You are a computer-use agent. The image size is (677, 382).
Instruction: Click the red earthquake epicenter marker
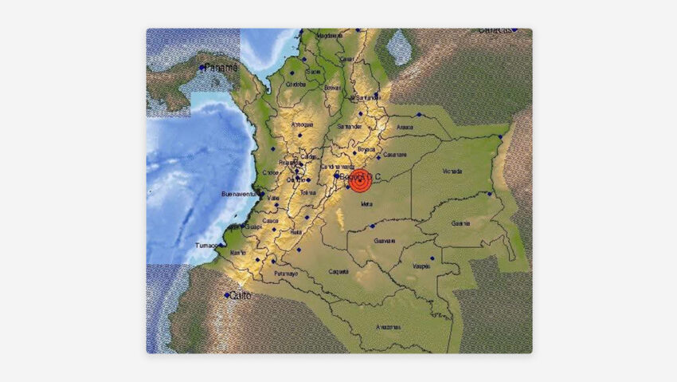(360, 182)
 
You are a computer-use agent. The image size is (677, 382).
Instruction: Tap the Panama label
(221, 69)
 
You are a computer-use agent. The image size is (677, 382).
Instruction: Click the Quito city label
(241, 296)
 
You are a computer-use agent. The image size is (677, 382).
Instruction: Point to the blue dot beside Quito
(227, 295)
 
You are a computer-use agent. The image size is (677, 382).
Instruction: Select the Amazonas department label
(389, 328)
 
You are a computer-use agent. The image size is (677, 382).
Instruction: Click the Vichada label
(452, 171)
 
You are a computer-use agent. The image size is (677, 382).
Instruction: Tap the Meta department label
(366, 204)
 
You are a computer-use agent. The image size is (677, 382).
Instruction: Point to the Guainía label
(460, 223)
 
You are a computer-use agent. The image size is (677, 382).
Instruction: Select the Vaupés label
(421, 266)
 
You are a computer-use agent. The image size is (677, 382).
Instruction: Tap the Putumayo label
(286, 274)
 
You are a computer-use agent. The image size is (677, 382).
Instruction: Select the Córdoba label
(295, 84)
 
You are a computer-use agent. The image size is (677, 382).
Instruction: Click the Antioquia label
(302, 124)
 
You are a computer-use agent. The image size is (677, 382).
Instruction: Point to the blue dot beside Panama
(202, 69)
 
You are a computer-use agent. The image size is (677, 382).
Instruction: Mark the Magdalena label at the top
(329, 36)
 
